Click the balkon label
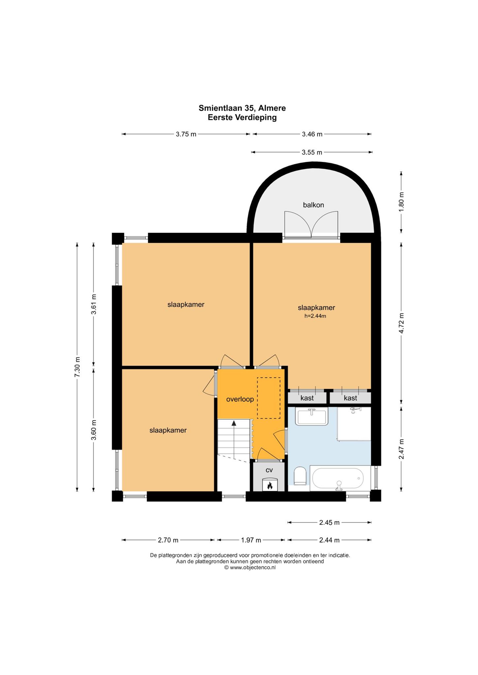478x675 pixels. (x=314, y=205)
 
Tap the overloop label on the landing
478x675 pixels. (x=240, y=399)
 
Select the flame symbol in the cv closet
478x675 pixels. (x=269, y=486)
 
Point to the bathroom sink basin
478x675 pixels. (x=312, y=416)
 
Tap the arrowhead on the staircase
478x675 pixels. (x=234, y=423)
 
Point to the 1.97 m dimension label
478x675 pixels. (x=251, y=540)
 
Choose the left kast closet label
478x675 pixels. (x=307, y=398)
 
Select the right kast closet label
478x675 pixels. (x=350, y=398)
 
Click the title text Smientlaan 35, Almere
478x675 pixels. (x=242, y=108)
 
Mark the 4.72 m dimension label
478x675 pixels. (x=401, y=323)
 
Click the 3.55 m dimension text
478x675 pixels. (x=312, y=152)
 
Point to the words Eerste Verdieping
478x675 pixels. (x=242, y=118)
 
